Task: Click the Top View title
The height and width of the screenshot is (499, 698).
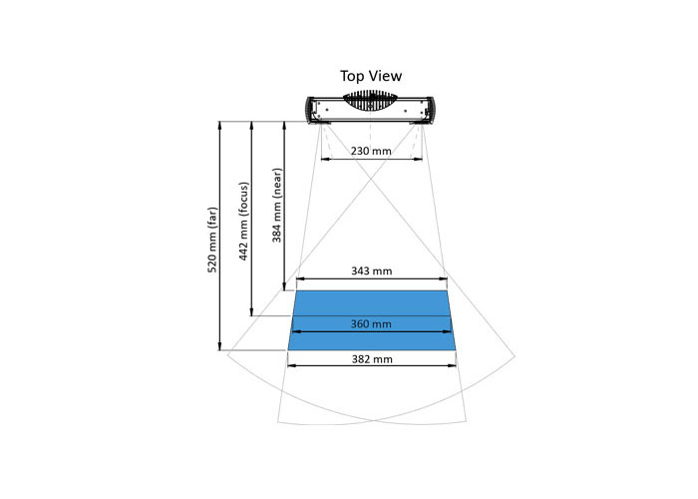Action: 371,76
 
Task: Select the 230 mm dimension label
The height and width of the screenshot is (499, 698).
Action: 371,151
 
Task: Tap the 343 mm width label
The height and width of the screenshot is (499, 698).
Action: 372,270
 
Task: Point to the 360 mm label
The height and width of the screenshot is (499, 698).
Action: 371,324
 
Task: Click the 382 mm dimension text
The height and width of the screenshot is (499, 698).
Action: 372,359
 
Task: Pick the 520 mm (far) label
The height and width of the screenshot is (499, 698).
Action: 212,240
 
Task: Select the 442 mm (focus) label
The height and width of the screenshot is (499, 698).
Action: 243,221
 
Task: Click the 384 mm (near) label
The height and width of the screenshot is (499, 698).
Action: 277,205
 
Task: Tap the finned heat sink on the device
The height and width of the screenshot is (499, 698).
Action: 370,101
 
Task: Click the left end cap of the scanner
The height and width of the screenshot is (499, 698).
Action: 310,110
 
